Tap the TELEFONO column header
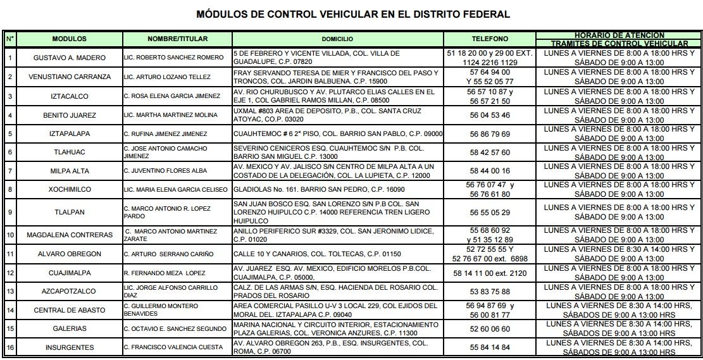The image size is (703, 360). [489, 39]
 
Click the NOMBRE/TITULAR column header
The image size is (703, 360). [177, 39]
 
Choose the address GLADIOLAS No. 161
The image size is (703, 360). [319, 189]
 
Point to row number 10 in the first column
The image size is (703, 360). [10, 235]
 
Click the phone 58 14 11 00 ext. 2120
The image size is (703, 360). [490, 273]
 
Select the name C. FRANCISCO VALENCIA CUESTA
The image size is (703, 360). [173, 347]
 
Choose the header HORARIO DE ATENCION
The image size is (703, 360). [619, 35]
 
